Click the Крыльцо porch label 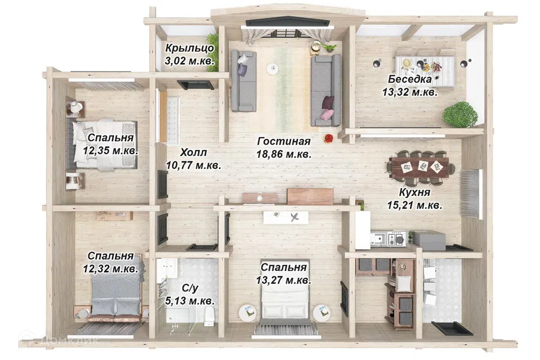click(190, 48)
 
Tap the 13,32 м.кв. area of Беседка click(410, 92)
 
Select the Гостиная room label click(283, 141)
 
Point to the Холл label click(193, 152)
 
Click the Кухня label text click(415, 192)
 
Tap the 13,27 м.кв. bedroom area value click(283, 281)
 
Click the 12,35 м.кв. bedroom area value click(111, 151)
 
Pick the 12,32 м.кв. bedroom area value click(111, 269)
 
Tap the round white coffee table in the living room click(272, 68)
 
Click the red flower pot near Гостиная click(328, 138)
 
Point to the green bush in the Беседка click(460, 114)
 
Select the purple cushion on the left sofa click(242, 70)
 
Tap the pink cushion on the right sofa click(327, 114)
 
